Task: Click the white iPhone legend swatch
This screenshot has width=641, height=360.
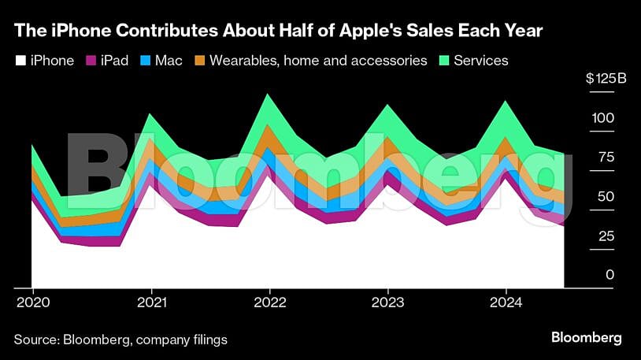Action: [x=20, y=61]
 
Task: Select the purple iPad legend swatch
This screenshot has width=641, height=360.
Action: [x=91, y=61]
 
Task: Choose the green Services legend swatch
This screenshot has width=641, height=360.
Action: [x=443, y=61]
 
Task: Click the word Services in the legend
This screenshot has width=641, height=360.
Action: [x=482, y=61]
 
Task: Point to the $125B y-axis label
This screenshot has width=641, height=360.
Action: [x=601, y=79]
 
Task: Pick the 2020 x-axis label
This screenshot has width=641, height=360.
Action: [x=31, y=302]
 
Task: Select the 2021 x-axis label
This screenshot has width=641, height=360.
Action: [x=151, y=302]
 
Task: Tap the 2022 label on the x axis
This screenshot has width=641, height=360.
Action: [x=269, y=302]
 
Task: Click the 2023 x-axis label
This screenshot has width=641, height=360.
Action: [x=387, y=302]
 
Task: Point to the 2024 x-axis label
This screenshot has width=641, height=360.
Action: [x=506, y=302]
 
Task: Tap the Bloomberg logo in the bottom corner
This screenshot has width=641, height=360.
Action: [x=586, y=338]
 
